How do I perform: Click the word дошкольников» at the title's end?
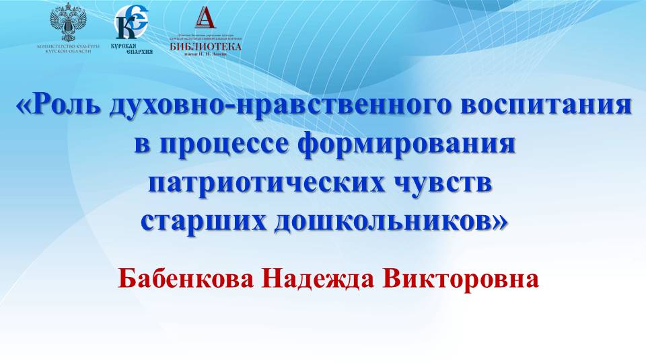coord(389,220)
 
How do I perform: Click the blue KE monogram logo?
coord(131,23)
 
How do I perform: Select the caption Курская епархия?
coord(131,48)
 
